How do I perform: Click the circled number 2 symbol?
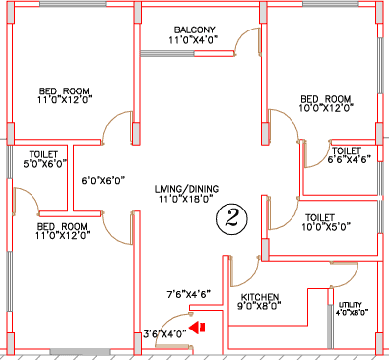pos(231,219)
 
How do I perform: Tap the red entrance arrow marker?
pos(197,328)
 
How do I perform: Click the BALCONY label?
pos(194,30)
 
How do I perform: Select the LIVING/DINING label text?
pos(186,189)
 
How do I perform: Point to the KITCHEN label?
pos(260,297)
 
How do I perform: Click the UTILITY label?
pos(351,305)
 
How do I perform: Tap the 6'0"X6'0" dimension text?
pos(103,180)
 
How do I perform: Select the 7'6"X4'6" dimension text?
pos(189,294)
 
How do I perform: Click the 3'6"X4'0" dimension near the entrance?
pos(165,333)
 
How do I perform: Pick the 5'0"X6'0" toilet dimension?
pos(45,163)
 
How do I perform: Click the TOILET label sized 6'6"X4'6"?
pos(347,151)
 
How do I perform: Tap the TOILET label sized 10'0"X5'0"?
pos(320,217)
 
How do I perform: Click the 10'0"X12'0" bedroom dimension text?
pos(326,107)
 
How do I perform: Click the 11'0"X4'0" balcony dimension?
pos(194,40)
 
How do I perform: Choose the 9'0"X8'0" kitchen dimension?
pos(259,306)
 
